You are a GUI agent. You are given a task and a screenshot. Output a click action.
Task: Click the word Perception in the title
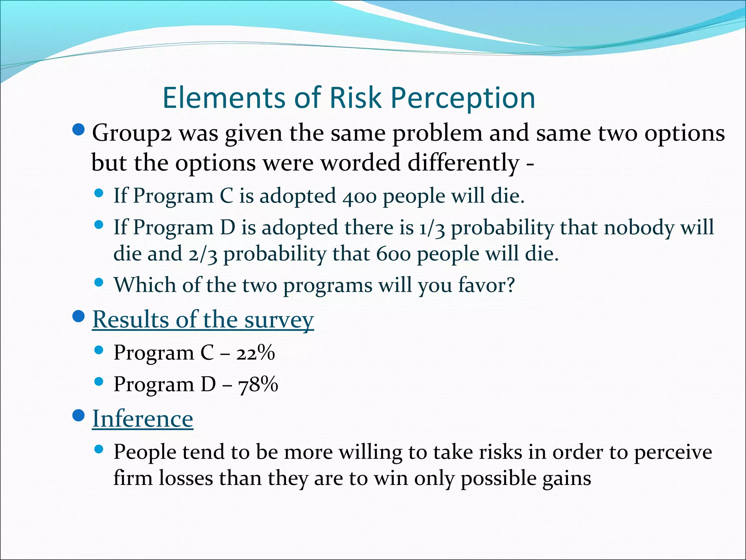[x=463, y=98]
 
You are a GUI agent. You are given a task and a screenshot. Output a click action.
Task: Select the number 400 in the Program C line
[x=359, y=196]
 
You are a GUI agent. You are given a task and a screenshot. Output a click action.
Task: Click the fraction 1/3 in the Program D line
[x=432, y=228]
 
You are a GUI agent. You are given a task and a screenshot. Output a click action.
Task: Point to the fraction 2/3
[x=203, y=254]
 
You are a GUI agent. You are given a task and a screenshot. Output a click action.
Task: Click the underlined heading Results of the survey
[x=203, y=320]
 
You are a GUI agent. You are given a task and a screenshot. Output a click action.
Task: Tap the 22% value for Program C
[x=255, y=353]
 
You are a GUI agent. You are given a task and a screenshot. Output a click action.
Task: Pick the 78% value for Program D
[x=258, y=385]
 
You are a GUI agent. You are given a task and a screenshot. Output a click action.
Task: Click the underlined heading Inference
[x=142, y=419]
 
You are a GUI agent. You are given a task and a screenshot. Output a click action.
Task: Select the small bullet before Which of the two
[x=99, y=282]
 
